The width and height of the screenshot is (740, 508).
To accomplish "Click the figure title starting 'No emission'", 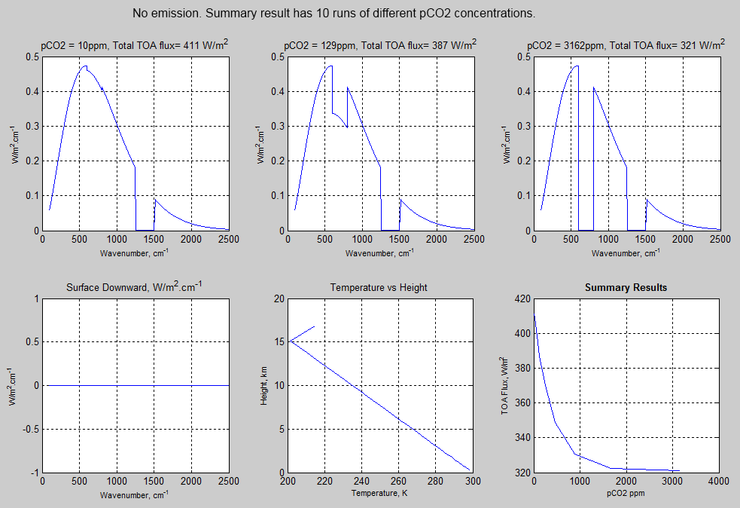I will click(x=333, y=14).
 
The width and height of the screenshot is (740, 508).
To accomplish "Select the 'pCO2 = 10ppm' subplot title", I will click(x=134, y=46).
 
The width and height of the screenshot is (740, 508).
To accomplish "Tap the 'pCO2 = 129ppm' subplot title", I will click(x=379, y=46).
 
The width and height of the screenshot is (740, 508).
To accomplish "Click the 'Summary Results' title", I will click(x=626, y=287).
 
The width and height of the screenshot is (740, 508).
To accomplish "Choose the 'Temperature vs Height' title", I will click(x=380, y=287).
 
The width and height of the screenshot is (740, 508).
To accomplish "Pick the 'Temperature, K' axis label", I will click(x=380, y=494).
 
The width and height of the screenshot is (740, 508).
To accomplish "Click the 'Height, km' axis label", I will click(x=263, y=386).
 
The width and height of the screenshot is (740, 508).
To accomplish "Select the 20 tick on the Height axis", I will click(x=278, y=299).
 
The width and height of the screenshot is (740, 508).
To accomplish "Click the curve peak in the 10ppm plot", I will click(x=84, y=66).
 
